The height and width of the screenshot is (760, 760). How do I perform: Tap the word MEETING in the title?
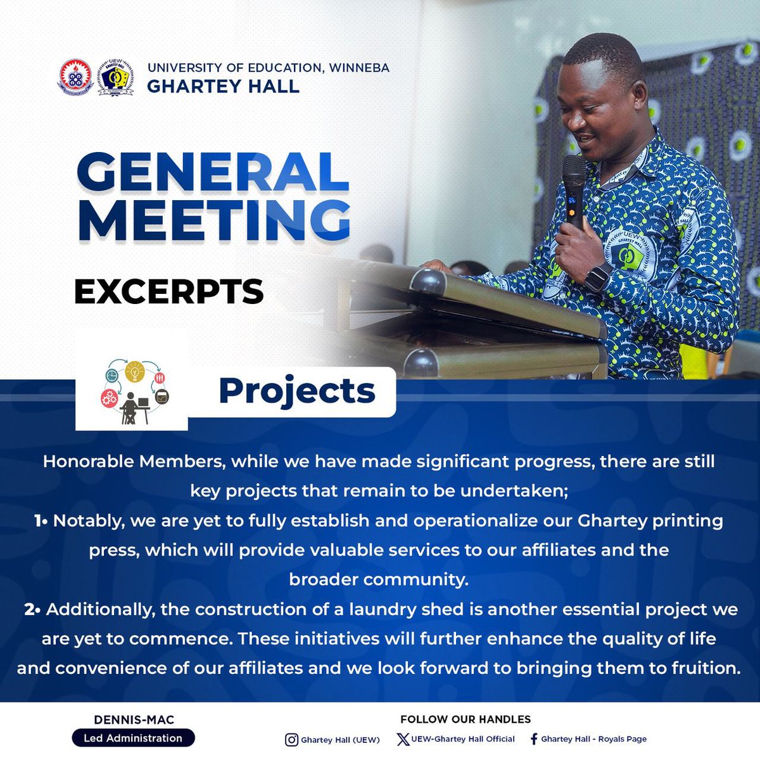(x=213, y=220)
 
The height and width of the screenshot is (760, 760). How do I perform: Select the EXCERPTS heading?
(x=169, y=292)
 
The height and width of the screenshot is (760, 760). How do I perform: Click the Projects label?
(x=296, y=391)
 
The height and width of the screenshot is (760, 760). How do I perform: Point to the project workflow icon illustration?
(x=134, y=393)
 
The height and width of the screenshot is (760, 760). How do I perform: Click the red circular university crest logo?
(x=76, y=78)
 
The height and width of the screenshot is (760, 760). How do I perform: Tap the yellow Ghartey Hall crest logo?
(x=116, y=78)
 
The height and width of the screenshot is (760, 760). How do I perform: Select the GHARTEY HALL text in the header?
(x=223, y=86)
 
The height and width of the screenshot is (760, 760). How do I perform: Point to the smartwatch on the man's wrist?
(x=597, y=277)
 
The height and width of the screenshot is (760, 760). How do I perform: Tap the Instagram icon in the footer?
(x=291, y=740)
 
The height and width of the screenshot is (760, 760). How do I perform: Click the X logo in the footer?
(x=403, y=739)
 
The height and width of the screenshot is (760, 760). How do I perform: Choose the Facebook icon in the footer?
(x=534, y=739)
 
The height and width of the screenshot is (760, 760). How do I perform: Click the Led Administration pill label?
(x=133, y=738)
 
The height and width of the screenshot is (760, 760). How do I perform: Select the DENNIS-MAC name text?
(x=134, y=719)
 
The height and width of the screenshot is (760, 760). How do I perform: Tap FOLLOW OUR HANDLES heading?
(x=465, y=719)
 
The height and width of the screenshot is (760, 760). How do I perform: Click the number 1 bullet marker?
(x=39, y=521)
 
